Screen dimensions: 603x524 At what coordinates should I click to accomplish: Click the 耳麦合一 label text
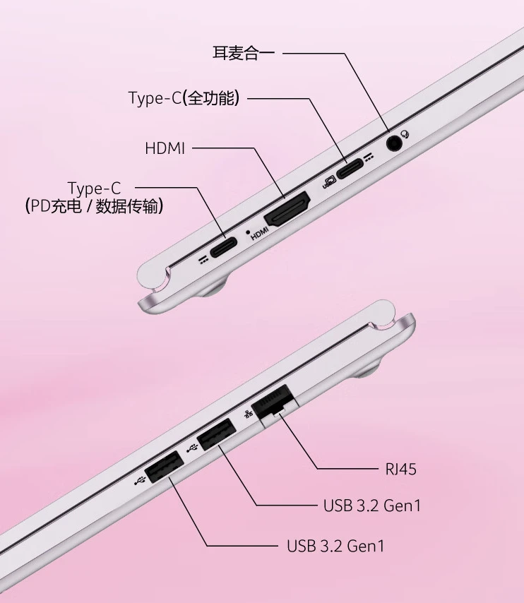[243, 53]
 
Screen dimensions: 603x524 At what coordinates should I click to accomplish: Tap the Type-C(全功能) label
[184, 98]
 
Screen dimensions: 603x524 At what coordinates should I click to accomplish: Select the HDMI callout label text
[165, 148]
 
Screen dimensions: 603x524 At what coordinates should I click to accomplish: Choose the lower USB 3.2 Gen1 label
[335, 545]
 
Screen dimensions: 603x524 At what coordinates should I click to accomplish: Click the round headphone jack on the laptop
[395, 143]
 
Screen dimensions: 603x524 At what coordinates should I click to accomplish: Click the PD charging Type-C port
[226, 249]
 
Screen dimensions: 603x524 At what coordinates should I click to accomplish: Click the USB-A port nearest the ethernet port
[216, 434]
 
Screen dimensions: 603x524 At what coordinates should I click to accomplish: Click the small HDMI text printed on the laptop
[260, 232]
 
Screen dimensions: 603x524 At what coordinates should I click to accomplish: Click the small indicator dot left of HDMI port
[246, 231]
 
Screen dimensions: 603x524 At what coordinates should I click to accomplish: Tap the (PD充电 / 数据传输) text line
[95, 207]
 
